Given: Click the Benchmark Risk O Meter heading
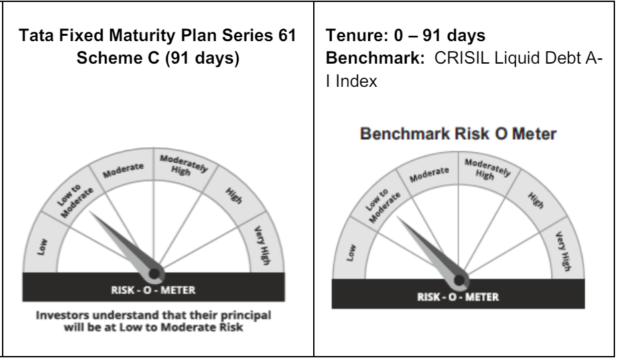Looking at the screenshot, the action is [458, 134].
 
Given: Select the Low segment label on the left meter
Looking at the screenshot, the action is [42, 247].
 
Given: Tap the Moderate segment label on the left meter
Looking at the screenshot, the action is [123, 170].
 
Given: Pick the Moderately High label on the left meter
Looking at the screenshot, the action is [182, 165].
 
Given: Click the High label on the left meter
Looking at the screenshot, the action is [234, 196].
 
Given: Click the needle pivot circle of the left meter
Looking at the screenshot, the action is [154, 274].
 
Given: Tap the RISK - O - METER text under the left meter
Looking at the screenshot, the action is [153, 290].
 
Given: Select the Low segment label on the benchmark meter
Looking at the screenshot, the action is [350, 253].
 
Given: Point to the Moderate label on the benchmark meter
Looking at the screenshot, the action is [429, 174].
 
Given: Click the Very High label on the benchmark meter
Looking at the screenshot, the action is [563, 251].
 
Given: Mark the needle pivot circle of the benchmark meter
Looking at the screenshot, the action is [459, 280].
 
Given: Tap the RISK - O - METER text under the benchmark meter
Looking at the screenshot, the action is [458, 297].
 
